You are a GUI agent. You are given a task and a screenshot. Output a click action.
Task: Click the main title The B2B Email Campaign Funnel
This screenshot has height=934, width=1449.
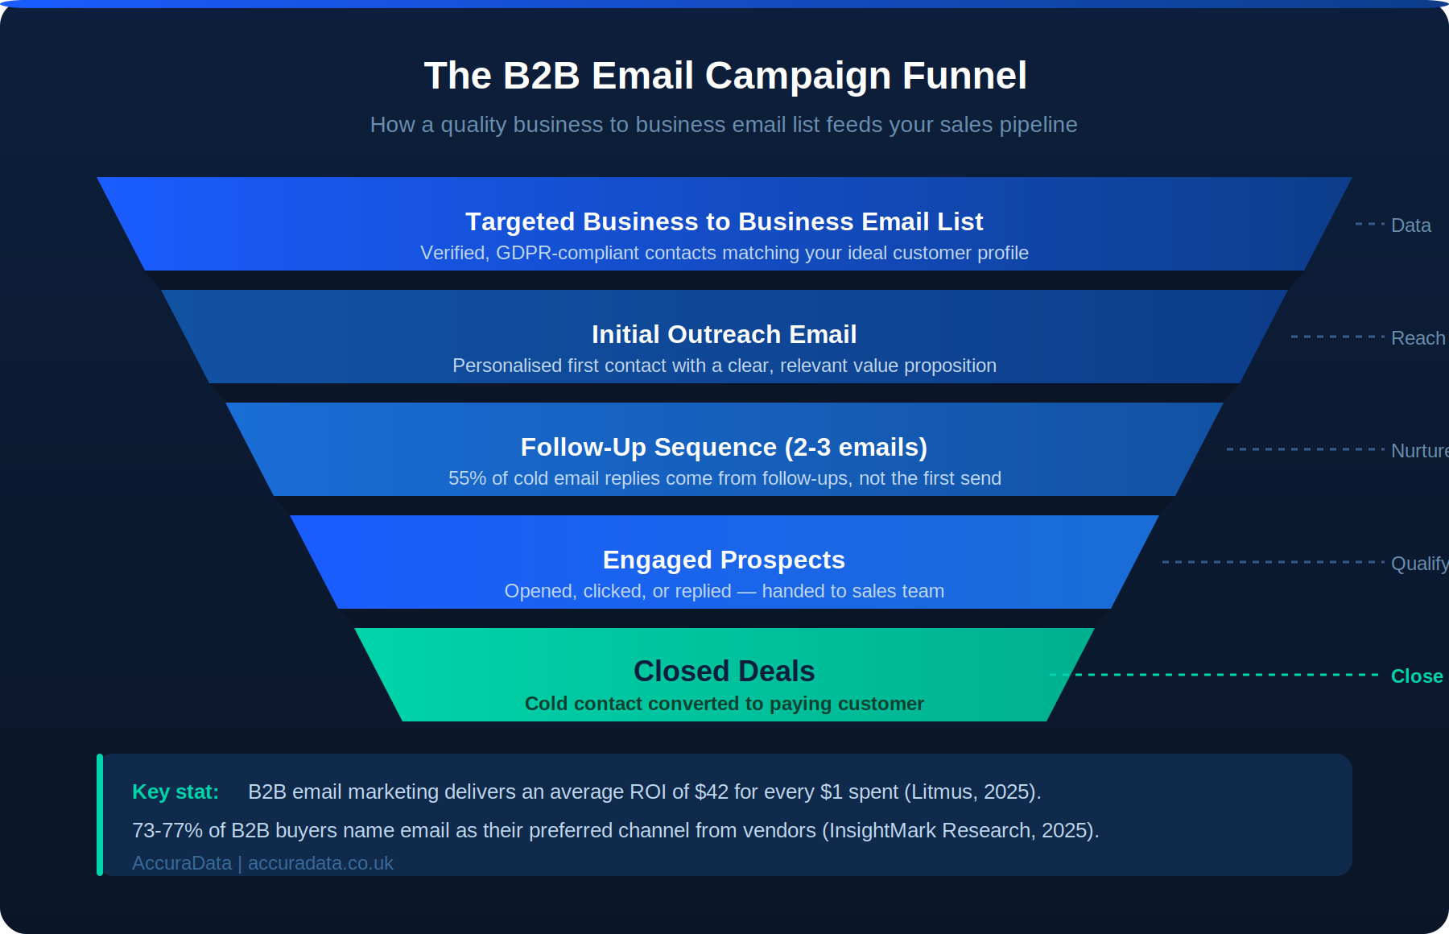coord(725,76)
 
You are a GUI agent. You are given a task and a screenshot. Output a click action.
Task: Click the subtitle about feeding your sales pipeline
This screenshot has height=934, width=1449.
coord(724,125)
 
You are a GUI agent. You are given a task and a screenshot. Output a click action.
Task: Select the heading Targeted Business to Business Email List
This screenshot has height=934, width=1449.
coord(724,221)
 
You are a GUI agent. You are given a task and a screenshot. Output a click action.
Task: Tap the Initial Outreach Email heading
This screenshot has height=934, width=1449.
coord(724,334)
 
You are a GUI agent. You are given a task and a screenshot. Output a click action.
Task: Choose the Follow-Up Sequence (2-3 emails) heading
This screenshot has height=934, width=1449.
coord(724,447)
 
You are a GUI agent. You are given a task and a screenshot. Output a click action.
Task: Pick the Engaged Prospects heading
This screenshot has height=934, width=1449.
coord(724,560)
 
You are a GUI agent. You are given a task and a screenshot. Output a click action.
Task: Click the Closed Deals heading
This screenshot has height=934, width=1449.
coord(724,671)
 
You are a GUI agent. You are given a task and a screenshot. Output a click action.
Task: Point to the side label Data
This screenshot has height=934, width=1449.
coord(1411,225)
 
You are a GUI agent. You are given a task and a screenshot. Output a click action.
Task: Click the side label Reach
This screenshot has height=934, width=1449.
coord(1418,338)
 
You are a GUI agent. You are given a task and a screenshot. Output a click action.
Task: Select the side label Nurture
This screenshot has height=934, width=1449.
coord(1420,451)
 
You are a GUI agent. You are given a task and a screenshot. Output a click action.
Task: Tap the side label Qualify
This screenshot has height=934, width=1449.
coord(1420,564)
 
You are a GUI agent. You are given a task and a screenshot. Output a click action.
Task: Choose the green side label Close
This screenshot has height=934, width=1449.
coord(1417,676)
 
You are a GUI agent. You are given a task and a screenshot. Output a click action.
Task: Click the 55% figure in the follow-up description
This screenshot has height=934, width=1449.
coord(467,478)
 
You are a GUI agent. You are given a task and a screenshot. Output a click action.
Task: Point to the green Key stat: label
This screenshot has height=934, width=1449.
coord(175,791)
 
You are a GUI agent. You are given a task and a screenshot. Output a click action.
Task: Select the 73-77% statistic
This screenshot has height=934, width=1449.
coord(167,830)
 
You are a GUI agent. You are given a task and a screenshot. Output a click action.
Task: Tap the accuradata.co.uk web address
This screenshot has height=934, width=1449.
coord(320,863)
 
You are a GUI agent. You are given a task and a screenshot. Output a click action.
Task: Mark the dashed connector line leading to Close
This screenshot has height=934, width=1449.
coord(1214,675)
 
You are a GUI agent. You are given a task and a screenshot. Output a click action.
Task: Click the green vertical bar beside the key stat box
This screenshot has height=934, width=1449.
coord(100,815)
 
